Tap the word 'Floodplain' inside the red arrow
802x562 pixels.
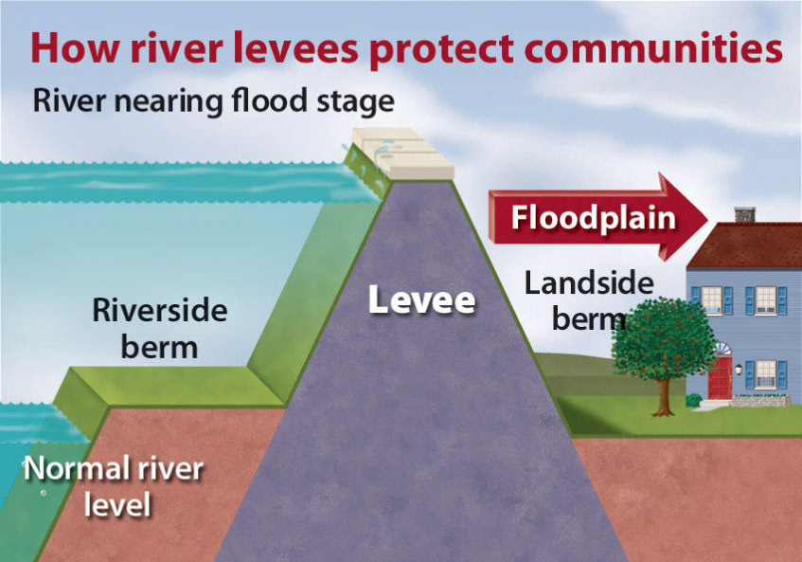tap(594, 217)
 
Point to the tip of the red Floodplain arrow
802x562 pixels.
tap(707, 217)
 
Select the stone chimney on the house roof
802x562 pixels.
tap(743, 214)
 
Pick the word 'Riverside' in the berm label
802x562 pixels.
tap(160, 311)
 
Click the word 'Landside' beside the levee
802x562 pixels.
tap(589, 282)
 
